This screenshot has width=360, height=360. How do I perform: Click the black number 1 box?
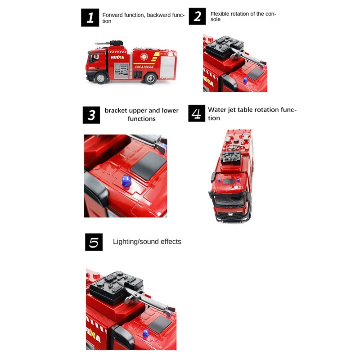coord(90,18)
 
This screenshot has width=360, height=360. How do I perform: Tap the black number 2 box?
coord(197,16)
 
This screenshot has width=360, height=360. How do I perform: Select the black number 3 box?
coord(91,115)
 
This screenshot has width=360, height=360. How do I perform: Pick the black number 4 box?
coord(197,113)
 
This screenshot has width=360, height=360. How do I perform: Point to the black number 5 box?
coord(94,242)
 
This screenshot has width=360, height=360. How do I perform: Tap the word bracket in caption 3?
coord(116,110)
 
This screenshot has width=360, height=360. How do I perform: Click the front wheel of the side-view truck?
coord(100,78)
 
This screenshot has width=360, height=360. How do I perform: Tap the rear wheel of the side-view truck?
coord(150,78)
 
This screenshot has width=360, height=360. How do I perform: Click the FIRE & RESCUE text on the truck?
coord(144,67)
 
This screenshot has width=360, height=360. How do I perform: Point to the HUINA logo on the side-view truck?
coord(117,57)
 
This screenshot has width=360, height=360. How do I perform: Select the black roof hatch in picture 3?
coord(148,165)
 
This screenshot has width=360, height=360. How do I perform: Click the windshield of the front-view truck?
coord(229,200)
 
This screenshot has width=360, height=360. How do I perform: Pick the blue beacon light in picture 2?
coord(245,81)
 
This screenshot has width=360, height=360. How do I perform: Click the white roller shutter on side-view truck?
coord(167,67)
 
